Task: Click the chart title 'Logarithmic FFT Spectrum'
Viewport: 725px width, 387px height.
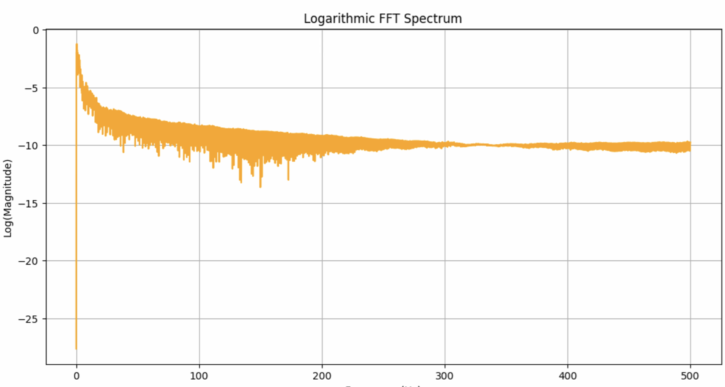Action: (x=382, y=19)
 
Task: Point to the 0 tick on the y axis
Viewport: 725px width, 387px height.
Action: (x=35, y=30)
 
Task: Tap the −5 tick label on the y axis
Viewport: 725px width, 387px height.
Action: (x=32, y=88)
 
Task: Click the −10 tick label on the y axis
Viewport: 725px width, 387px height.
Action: (x=30, y=145)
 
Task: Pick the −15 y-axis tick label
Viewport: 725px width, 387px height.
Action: (x=30, y=203)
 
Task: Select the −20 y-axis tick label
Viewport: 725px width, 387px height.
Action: (x=30, y=261)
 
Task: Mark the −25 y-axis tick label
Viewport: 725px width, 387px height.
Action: (x=30, y=319)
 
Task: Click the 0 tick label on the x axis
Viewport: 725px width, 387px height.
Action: (x=76, y=375)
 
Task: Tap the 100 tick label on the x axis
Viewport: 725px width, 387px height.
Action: (x=199, y=375)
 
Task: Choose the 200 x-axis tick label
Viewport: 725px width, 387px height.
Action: (x=322, y=375)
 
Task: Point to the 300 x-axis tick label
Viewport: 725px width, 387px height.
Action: (x=445, y=375)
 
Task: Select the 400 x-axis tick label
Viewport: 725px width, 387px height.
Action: (x=567, y=375)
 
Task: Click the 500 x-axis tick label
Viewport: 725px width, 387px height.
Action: (x=690, y=375)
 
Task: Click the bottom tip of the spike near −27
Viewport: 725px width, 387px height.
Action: (x=76, y=349)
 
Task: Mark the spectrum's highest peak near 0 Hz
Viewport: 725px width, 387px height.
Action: (x=76, y=44)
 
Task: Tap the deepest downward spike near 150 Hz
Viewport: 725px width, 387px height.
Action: (x=260, y=187)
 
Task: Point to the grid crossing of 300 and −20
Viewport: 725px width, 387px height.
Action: (x=445, y=261)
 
